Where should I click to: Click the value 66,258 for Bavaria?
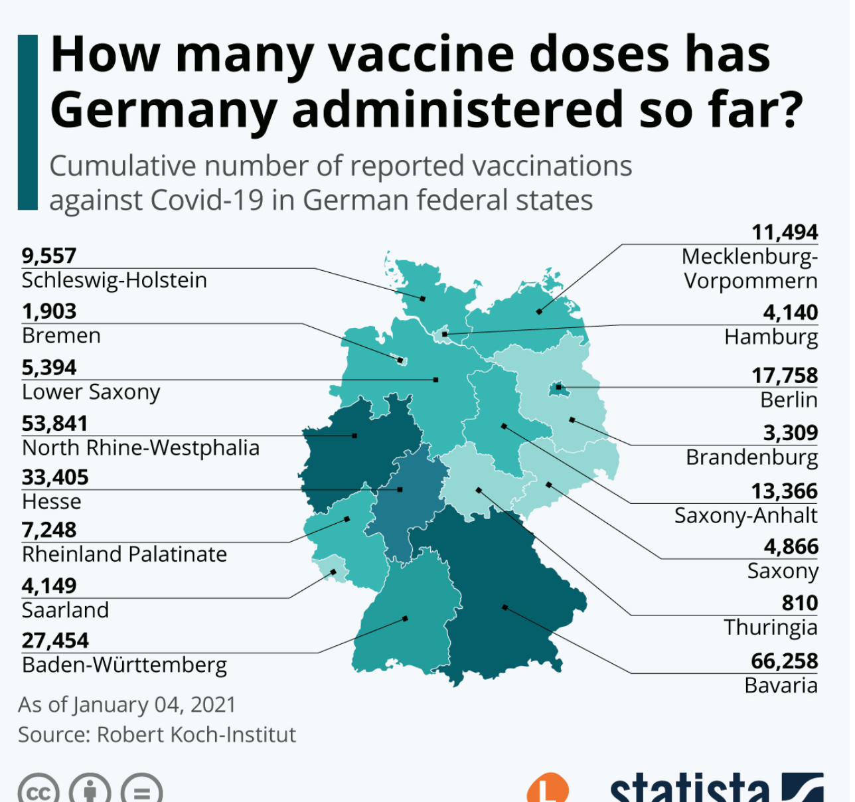click(x=784, y=661)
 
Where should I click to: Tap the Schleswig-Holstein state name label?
click(x=114, y=280)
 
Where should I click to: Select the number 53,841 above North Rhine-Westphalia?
click(x=54, y=424)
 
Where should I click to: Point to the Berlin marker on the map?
click(x=558, y=387)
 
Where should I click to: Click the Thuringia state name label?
click(x=770, y=627)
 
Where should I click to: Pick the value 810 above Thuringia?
click(x=799, y=603)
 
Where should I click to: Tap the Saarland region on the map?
click(x=330, y=570)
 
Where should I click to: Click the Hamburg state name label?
click(x=771, y=337)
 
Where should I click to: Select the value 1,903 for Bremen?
click(x=49, y=311)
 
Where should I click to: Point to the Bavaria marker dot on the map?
click(x=505, y=607)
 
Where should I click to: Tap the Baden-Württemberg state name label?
click(x=124, y=665)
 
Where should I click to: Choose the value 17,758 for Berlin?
click(x=784, y=376)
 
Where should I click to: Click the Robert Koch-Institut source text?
click(x=196, y=735)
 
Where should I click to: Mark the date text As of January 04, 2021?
click(x=127, y=704)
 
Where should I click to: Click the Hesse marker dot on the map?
click(x=400, y=489)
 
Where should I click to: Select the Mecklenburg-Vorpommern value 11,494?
click(x=784, y=232)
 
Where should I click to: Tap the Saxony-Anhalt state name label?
click(x=745, y=516)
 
